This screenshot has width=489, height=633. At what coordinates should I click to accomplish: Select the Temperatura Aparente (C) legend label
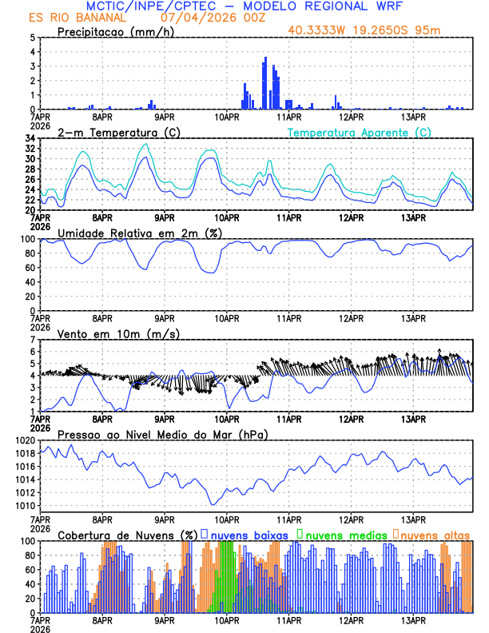[x=359, y=132]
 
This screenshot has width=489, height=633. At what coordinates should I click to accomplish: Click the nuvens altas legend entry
[x=435, y=534]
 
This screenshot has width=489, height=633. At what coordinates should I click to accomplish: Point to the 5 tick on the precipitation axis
[x=32, y=38]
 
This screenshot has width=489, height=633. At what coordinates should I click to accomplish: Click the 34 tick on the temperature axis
[x=30, y=138]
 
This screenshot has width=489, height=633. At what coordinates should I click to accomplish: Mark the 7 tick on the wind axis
[x=32, y=340]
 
